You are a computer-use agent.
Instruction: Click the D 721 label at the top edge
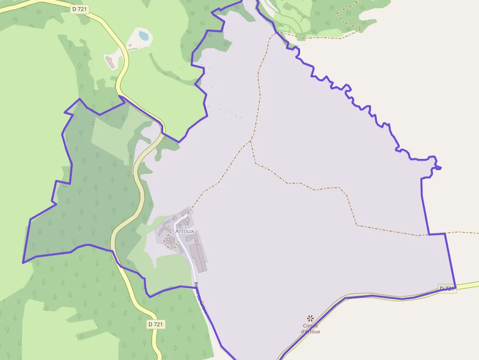pos(80,9)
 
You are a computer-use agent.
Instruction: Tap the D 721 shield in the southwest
pos(155,324)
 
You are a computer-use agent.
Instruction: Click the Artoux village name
pos(184,231)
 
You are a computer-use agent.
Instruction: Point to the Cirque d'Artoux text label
pos(310,329)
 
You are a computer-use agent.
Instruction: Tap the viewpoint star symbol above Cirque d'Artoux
pos(310,318)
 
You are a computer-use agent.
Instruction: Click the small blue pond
pos(143,35)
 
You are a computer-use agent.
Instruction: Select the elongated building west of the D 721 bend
pos(110,62)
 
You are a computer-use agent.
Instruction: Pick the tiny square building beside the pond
pos(131,46)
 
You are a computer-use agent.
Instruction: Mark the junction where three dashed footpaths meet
pos(251,142)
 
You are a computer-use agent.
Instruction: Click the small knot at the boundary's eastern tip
pos(437,168)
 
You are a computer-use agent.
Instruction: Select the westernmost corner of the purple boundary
pos(23,263)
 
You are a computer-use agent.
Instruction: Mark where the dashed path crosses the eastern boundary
pos(429,234)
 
